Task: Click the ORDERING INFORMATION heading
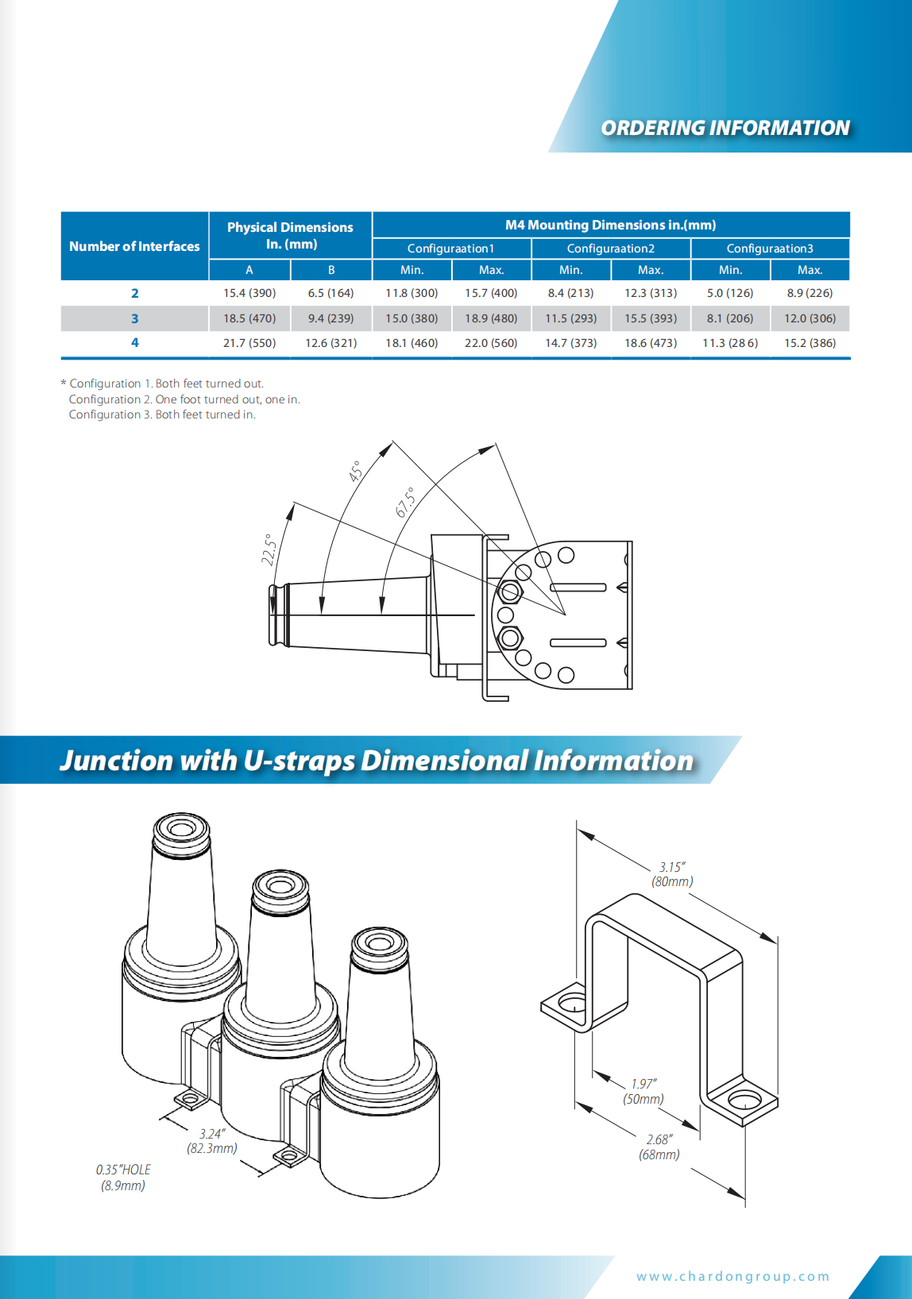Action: point(725,128)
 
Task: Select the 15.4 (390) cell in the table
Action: point(249,293)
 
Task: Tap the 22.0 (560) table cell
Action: point(491,343)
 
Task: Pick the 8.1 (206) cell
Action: point(729,318)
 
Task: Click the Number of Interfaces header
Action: point(134,246)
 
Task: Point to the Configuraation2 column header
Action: point(610,249)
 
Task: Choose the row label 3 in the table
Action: point(134,318)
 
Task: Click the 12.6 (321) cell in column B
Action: point(330,343)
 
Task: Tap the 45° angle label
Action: point(355,472)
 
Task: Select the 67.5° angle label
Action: point(405,503)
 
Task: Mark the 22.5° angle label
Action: point(269,549)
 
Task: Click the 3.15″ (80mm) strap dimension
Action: point(672,874)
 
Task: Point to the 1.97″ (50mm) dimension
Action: point(643,1092)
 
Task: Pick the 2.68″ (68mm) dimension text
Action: point(659,1147)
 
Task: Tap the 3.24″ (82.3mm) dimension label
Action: point(212,1141)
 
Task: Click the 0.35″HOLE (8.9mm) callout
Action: point(123,1178)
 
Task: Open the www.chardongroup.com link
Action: point(732,1277)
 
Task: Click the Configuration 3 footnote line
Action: point(162,414)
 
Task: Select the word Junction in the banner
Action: point(116,761)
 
